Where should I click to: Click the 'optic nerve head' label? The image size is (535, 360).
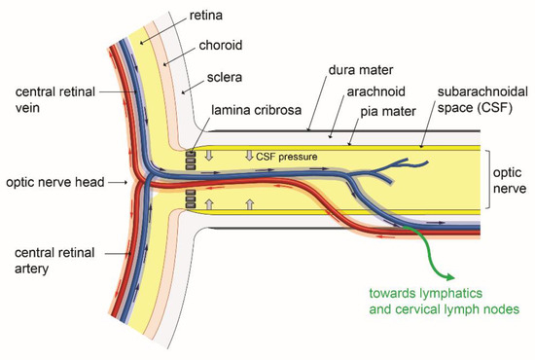[x=49, y=182]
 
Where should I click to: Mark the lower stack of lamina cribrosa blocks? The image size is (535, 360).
[x=193, y=202]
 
